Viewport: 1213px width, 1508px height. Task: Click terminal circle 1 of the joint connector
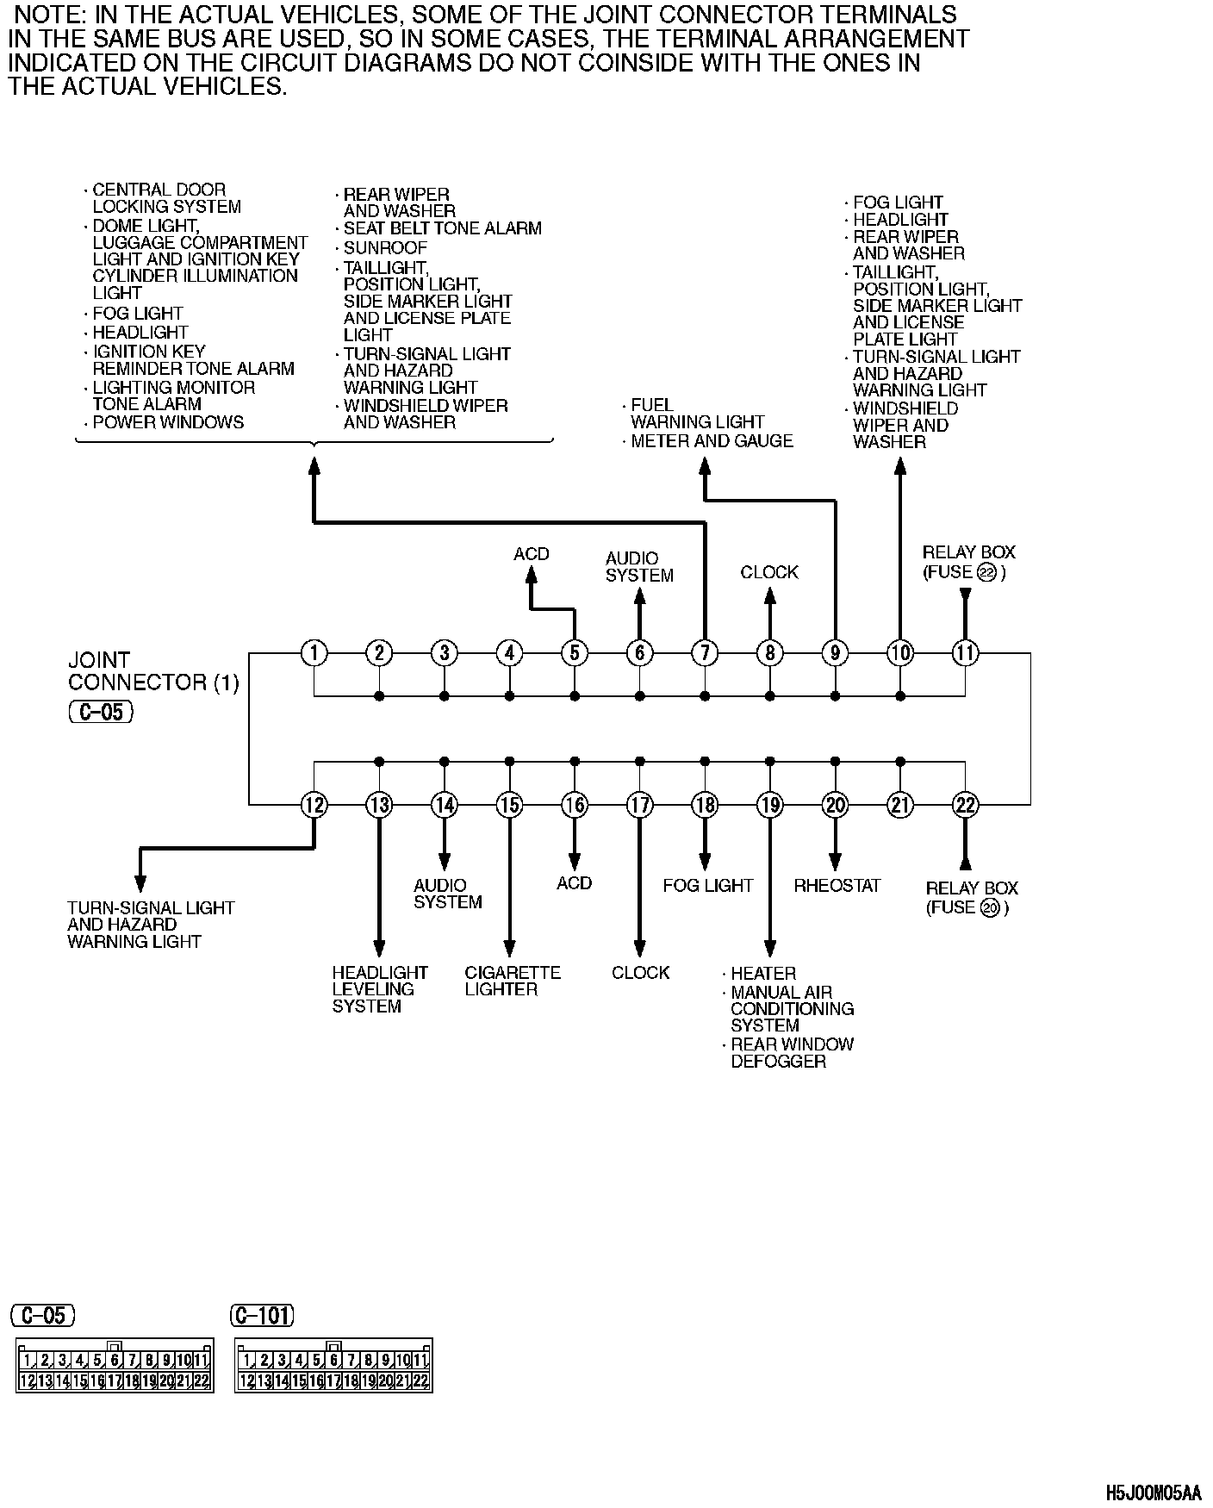(314, 653)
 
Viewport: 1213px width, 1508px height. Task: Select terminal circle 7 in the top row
(705, 653)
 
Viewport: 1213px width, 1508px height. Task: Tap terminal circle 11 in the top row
(965, 653)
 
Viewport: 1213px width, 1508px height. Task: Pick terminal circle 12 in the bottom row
(314, 805)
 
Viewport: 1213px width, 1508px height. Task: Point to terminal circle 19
(770, 805)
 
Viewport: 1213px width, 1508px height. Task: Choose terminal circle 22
(965, 805)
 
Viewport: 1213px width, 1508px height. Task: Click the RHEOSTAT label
(837, 886)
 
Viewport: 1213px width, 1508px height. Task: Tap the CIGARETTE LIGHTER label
(513, 981)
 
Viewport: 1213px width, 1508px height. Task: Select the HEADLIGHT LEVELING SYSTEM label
(380, 989)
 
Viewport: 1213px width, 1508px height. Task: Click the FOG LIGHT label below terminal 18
(707, 886)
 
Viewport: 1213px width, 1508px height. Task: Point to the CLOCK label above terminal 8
(769, 572)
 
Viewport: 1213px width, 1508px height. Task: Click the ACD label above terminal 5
(531, 554)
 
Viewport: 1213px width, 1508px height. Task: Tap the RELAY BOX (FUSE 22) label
(967, 562)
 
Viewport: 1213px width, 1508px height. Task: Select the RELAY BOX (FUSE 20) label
(971, 898)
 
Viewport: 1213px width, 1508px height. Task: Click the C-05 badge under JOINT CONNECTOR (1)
(101, 713)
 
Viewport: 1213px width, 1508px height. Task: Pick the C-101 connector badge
(263, 1316)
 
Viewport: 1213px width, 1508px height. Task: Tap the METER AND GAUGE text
(712, 441)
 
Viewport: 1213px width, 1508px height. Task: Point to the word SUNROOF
(385, 247)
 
